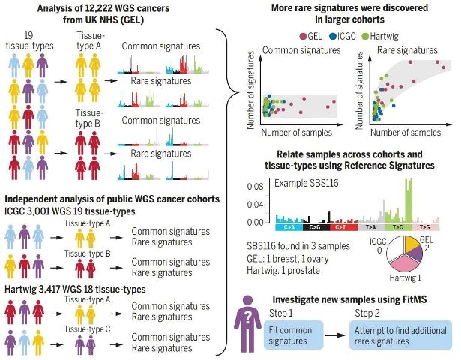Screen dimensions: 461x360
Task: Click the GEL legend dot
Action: (x=303, y=37)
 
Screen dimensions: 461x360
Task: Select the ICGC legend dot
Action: (x=333, y=37)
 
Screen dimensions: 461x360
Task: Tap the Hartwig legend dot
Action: (x=366, y=37)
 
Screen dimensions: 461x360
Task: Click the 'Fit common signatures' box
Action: (x=293, y=335)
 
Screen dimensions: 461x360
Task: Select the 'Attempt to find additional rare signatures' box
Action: (x=400, y=335)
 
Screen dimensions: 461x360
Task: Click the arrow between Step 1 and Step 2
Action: (x=336, y=334)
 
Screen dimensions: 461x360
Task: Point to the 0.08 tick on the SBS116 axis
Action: (x=268, y=187)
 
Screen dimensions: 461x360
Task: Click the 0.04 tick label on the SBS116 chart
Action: (x=255, y=205)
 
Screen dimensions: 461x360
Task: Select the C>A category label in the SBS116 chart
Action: (x=289, y=227)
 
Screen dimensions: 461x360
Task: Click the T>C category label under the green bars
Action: (x=398, y=227)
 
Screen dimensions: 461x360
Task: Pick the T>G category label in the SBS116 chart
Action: (x=426, y=227)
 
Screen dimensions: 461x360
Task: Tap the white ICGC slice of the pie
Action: (x=395, y=250)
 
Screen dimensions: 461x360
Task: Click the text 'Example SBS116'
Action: (x=307, y=183)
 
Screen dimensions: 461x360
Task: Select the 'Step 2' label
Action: (x=367, y=313)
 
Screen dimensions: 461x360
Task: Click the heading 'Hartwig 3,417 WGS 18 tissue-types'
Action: (x=75, y=289)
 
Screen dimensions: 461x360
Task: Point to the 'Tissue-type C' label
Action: (x=87, y=328)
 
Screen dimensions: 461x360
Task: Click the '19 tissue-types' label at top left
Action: (x=29, y=40)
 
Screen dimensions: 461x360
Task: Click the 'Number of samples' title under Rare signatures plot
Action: (x=406, y=133)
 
